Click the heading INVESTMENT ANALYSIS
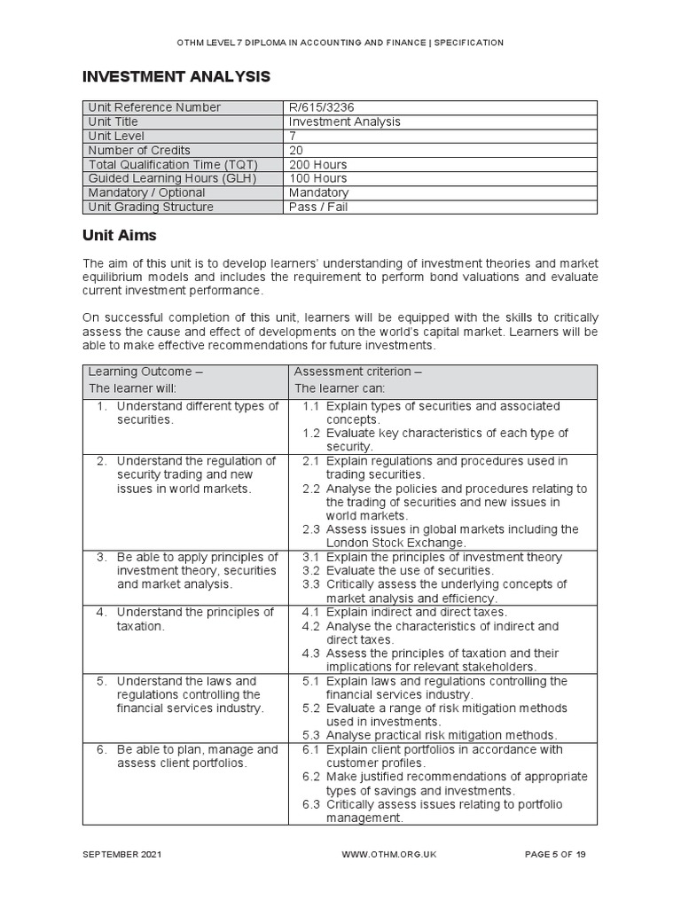click(176, 77)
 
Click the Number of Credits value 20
click(296, 150)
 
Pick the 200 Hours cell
click(317, 164)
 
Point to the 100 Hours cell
click(317, 178)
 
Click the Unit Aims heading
click(119, 237)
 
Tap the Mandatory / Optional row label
click(146, 192)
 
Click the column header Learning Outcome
click(145, 372)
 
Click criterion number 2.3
click(310, 529)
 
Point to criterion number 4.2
click(310, 626)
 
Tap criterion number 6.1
click(310, 749)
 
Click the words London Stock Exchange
click(395, 543)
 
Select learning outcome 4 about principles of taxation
click(187, 619)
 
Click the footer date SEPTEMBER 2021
click(121, 854)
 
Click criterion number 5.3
click(310, 735)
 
